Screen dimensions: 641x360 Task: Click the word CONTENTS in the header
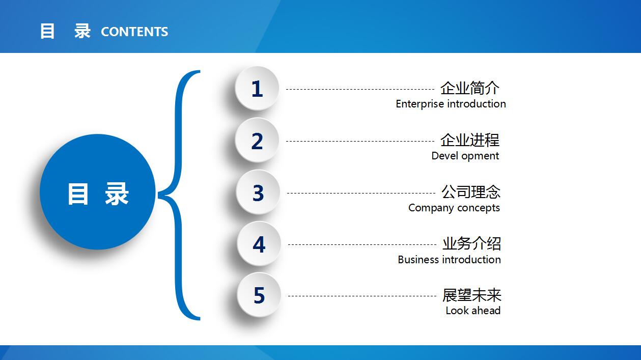134,32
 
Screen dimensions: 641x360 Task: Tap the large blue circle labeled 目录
98,192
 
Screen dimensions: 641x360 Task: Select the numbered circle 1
257,88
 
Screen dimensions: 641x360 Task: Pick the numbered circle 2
257,140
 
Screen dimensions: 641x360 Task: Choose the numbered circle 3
258,192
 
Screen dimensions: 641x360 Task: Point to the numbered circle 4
259,244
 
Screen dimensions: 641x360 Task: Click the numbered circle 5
259,295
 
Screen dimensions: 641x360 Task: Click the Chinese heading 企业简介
470,88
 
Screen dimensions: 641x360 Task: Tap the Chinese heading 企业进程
470,140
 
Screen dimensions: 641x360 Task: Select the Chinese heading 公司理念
471,192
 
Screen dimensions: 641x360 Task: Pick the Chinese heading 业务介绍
471,243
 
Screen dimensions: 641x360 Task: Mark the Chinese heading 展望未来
472,295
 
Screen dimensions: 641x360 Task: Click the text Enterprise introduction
451,104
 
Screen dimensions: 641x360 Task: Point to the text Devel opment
465,156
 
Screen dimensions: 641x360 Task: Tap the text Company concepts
454,208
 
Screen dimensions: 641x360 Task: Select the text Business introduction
449,260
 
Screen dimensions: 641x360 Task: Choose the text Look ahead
473,311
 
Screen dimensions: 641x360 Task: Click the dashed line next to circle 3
361,193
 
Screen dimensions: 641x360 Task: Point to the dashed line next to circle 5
362,296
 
